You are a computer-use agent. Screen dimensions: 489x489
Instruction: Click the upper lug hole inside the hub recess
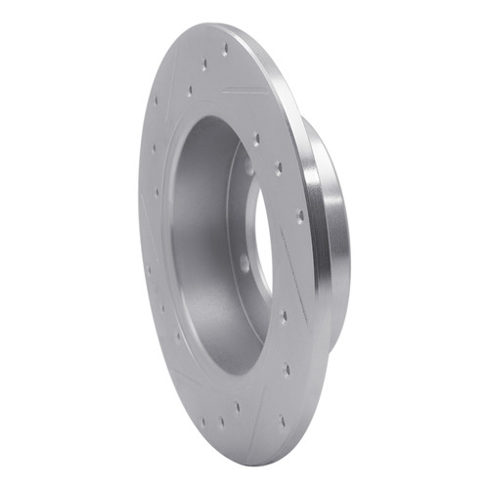pos(249,168)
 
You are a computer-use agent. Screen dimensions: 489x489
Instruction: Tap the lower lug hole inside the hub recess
pos(244,262)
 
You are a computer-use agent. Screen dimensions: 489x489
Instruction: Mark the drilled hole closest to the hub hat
pos(300,216)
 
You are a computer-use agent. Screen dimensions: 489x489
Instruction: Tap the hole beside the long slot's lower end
pos(284,315)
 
